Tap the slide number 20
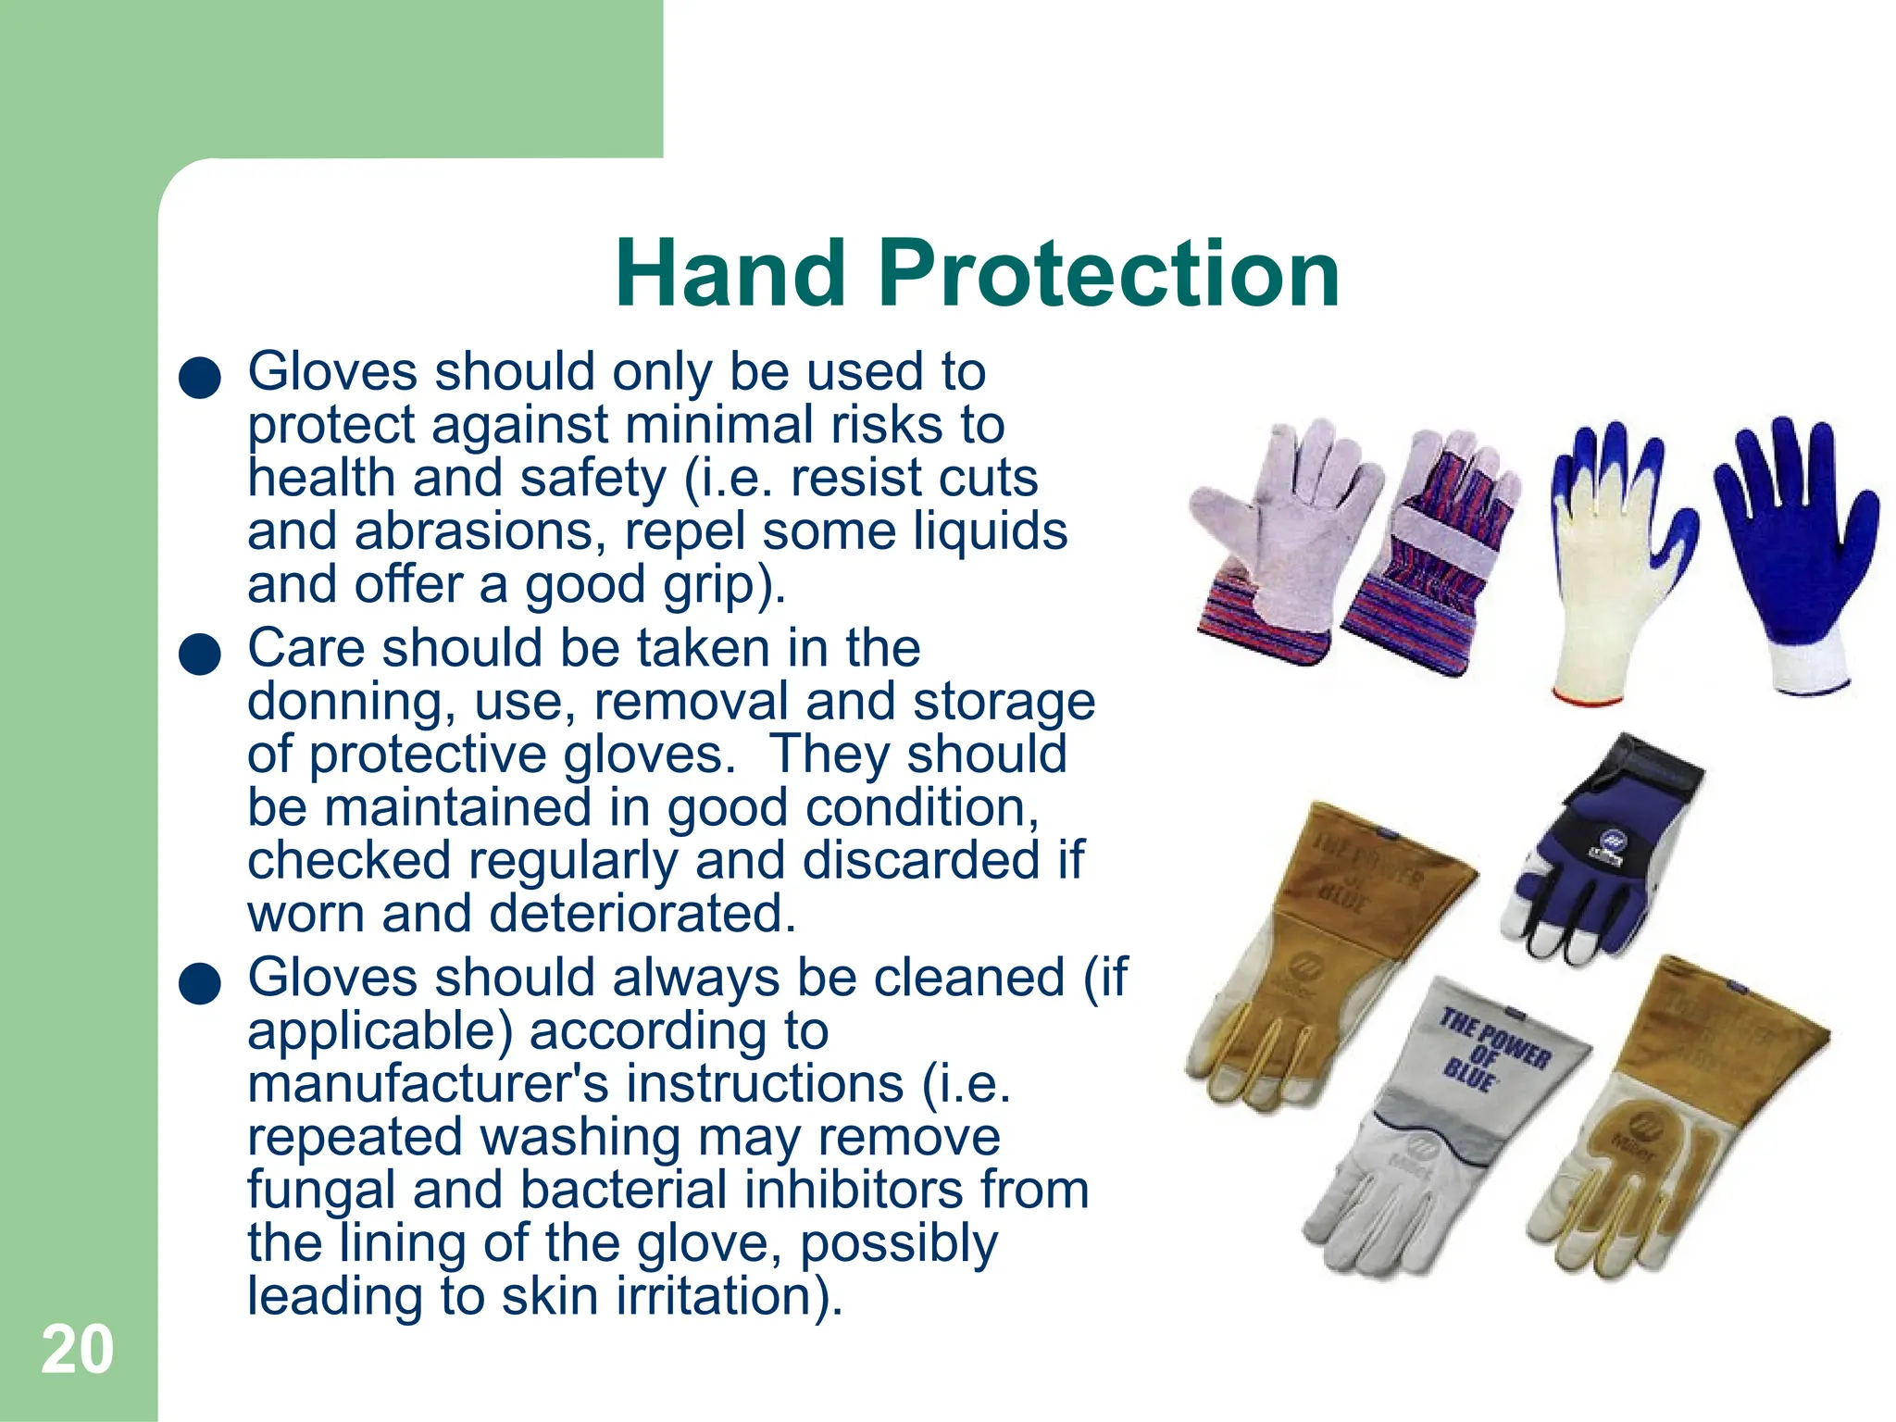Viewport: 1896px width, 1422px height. coord(77,1350)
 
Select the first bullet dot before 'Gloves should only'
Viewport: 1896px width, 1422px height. coord(200,379)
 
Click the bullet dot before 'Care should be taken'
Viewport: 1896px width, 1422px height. coord(200,655)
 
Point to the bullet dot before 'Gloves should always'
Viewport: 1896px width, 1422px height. coord(200,983)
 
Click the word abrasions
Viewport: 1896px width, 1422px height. coord(473,531)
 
